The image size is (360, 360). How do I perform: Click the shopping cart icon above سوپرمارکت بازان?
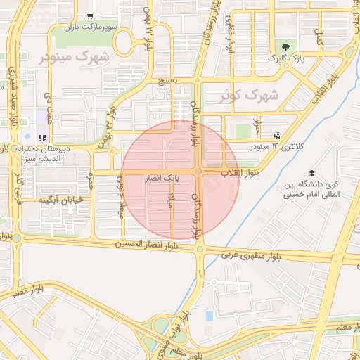[89, 15]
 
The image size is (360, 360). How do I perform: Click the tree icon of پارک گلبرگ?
[284, 47]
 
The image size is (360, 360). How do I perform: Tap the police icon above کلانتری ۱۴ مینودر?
[278, 136]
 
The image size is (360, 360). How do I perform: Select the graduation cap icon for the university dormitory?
[311, 174]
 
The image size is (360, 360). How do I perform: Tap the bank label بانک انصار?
[163, 180]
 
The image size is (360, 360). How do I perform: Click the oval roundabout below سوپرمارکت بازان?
[124, 44]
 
